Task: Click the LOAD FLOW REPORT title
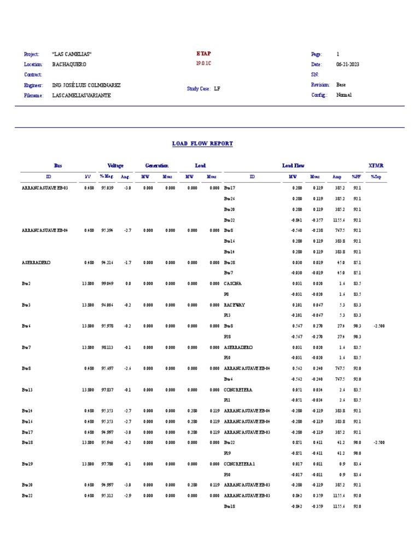click(202, 144)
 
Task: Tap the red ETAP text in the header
click(203, 54)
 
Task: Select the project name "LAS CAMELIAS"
click(72, 54)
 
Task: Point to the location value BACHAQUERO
click(69, 64)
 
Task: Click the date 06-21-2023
click(347, 64)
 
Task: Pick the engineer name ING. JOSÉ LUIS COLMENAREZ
click(86, 85)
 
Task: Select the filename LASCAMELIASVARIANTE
click(81, 95)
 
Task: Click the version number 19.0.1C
click(203, 63)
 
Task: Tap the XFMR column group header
click(376, 166)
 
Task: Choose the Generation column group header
click(156, 166)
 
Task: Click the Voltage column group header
click(115, 166)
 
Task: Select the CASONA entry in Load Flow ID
click(232, 284)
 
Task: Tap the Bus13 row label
click(27, 389)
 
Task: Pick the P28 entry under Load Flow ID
click(227, 337)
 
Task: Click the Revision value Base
click(341, 85)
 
